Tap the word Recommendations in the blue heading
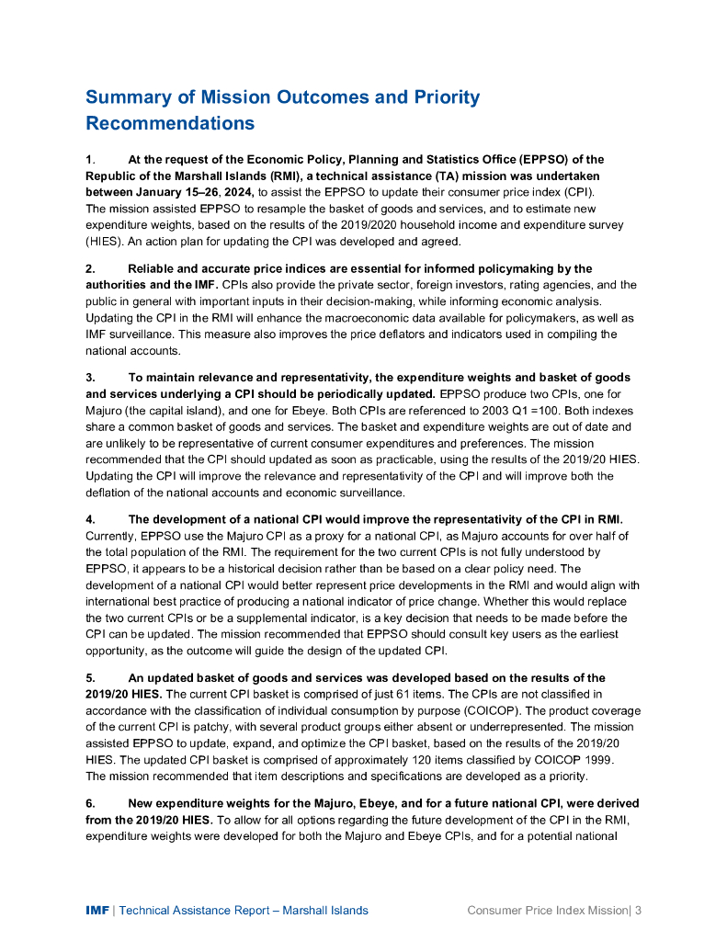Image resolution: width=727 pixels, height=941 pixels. coord(170,122)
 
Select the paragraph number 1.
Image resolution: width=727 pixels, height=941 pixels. coord(89,160)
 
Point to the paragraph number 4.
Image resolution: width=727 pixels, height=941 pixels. coord(90,520)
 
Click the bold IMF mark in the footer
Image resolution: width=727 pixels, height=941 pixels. coord(97,911)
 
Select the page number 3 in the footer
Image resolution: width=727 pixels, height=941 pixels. coord(637,911)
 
